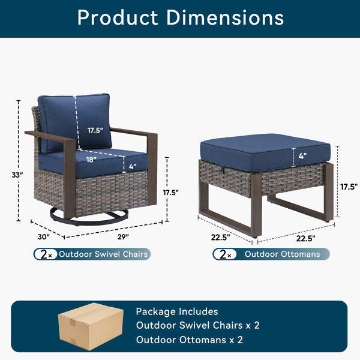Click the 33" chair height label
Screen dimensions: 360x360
tap(17, 175)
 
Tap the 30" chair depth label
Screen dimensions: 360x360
tap(44, 237)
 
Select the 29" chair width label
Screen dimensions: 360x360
tap(123, 237)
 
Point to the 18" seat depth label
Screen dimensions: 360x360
tap(91, 160)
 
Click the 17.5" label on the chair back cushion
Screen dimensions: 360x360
tap(95, 130)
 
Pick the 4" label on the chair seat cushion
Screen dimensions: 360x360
tap(133, 166)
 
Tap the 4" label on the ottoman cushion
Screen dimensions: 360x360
tap(302, 156)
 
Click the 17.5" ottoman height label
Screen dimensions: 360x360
tap(349, 187)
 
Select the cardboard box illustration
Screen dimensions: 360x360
tap(91, 326)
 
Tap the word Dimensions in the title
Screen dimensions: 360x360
tap(225, 17)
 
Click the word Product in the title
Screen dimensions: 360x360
tap(118, 17)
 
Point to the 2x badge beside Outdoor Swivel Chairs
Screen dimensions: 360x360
tap(46, 254)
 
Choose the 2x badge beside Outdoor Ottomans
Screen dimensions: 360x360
tap(225, 254)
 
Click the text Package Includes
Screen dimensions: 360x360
tap(177, 311)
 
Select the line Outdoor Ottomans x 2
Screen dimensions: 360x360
tap(190, 340)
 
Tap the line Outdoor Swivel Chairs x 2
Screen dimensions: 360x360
tap(197, 325)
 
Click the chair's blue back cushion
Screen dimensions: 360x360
tap(75, 123)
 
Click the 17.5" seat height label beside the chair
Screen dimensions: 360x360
tap(171, 193)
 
